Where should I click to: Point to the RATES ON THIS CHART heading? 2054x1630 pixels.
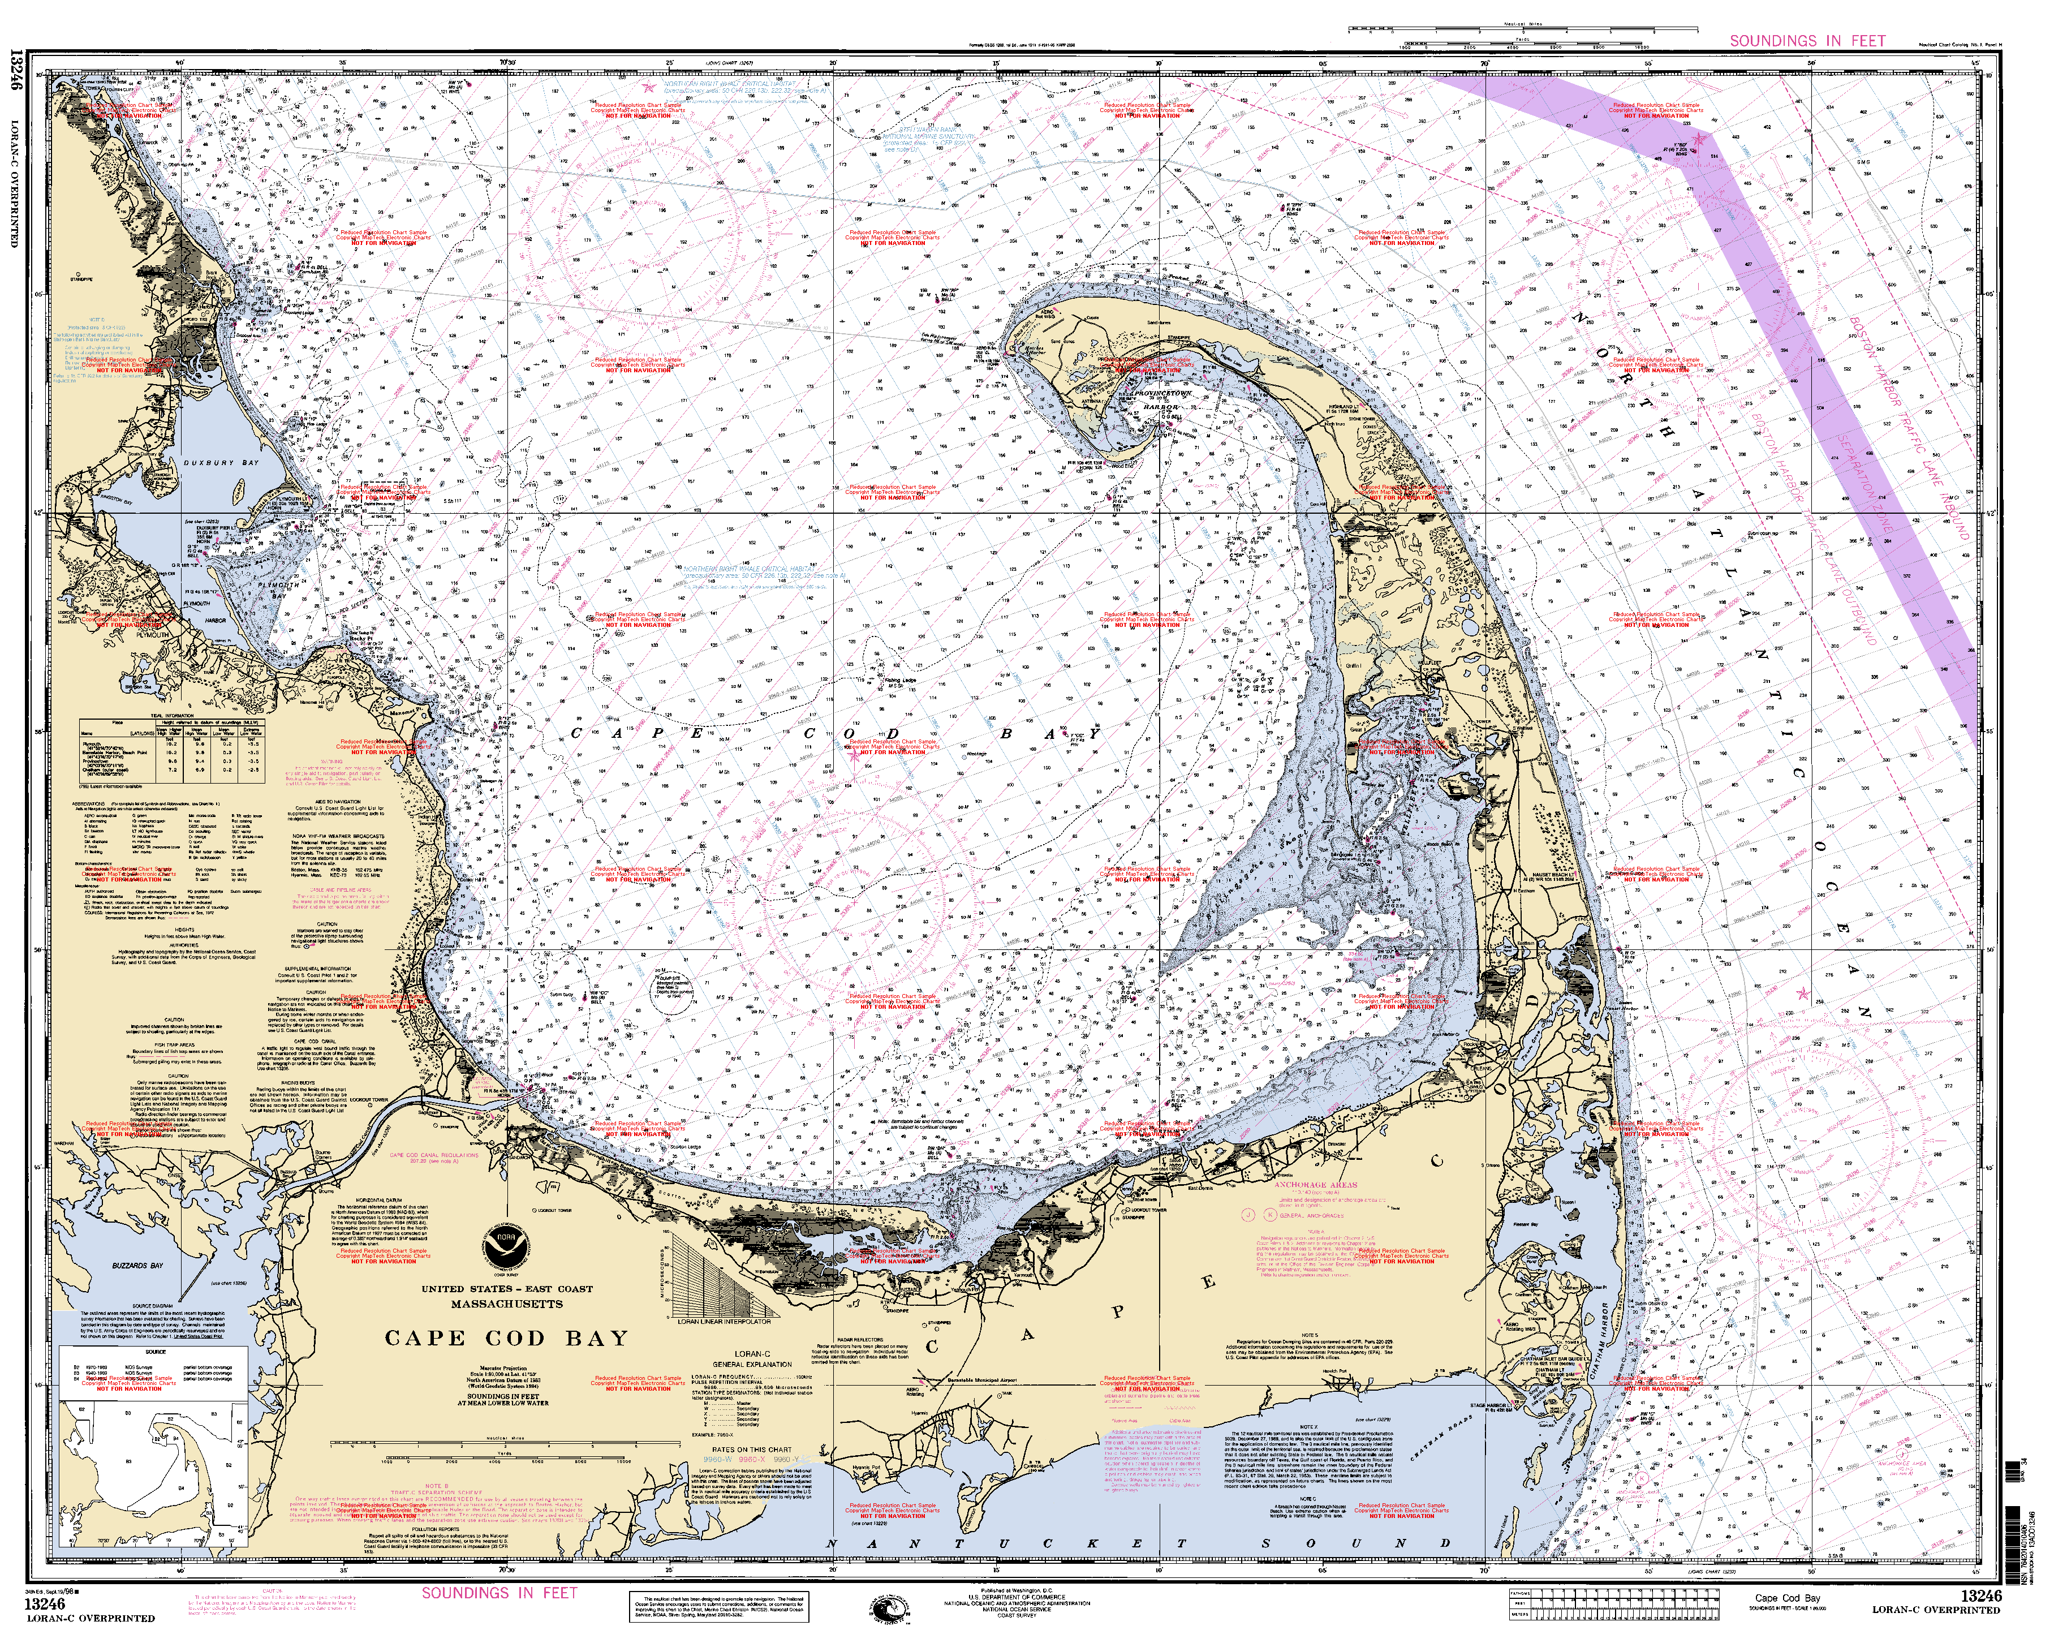click(752, 1449)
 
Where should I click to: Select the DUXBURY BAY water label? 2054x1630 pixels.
click(222, 463)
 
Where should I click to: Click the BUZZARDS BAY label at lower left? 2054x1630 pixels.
click(137, 1266)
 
